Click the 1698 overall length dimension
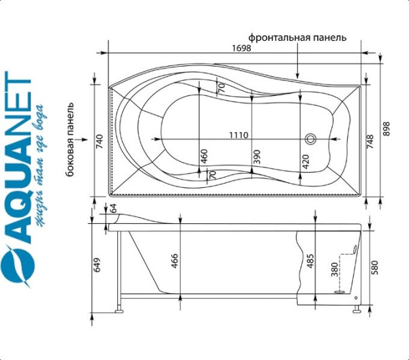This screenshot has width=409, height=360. click(241, 48)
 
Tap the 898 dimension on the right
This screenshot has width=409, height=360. click(386, 129)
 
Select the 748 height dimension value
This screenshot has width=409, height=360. click(370, 142)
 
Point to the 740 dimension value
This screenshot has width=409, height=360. click(100, 142)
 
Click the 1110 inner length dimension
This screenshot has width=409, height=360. click(239, 135)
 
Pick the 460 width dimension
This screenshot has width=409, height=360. click(204, 156)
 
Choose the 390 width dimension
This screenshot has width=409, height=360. click(257, 157)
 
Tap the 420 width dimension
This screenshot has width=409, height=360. click(305, 161)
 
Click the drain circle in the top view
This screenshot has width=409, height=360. click(311, 139)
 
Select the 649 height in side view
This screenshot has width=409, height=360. click(97, 265)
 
